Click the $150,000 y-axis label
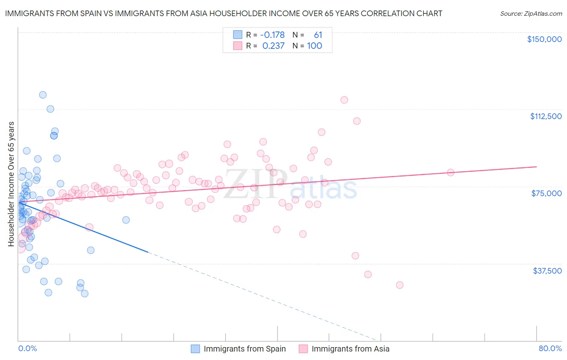tap(544, 39)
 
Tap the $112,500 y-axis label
tap(546, 116)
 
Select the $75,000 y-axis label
tap(546, 193)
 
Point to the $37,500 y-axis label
tap(547, 271)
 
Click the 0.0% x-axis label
tap(27, 349)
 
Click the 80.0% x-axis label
tap(550, 349)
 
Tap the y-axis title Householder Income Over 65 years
tap(11, 184)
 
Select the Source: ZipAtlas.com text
tap(531, 14)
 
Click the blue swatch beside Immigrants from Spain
tap(195, 349)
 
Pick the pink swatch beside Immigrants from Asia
tap(303, 349)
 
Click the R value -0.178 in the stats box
tap(272, 35)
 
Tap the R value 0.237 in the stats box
tap(273, 46)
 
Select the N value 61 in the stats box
tap(318, 35)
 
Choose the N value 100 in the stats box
tap(315, 46)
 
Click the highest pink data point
tap(344, 100)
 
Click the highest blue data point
tap(43, 95)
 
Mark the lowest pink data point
tap(400, 285)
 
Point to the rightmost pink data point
tap(450, 173)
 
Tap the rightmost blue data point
tap(126, 220)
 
